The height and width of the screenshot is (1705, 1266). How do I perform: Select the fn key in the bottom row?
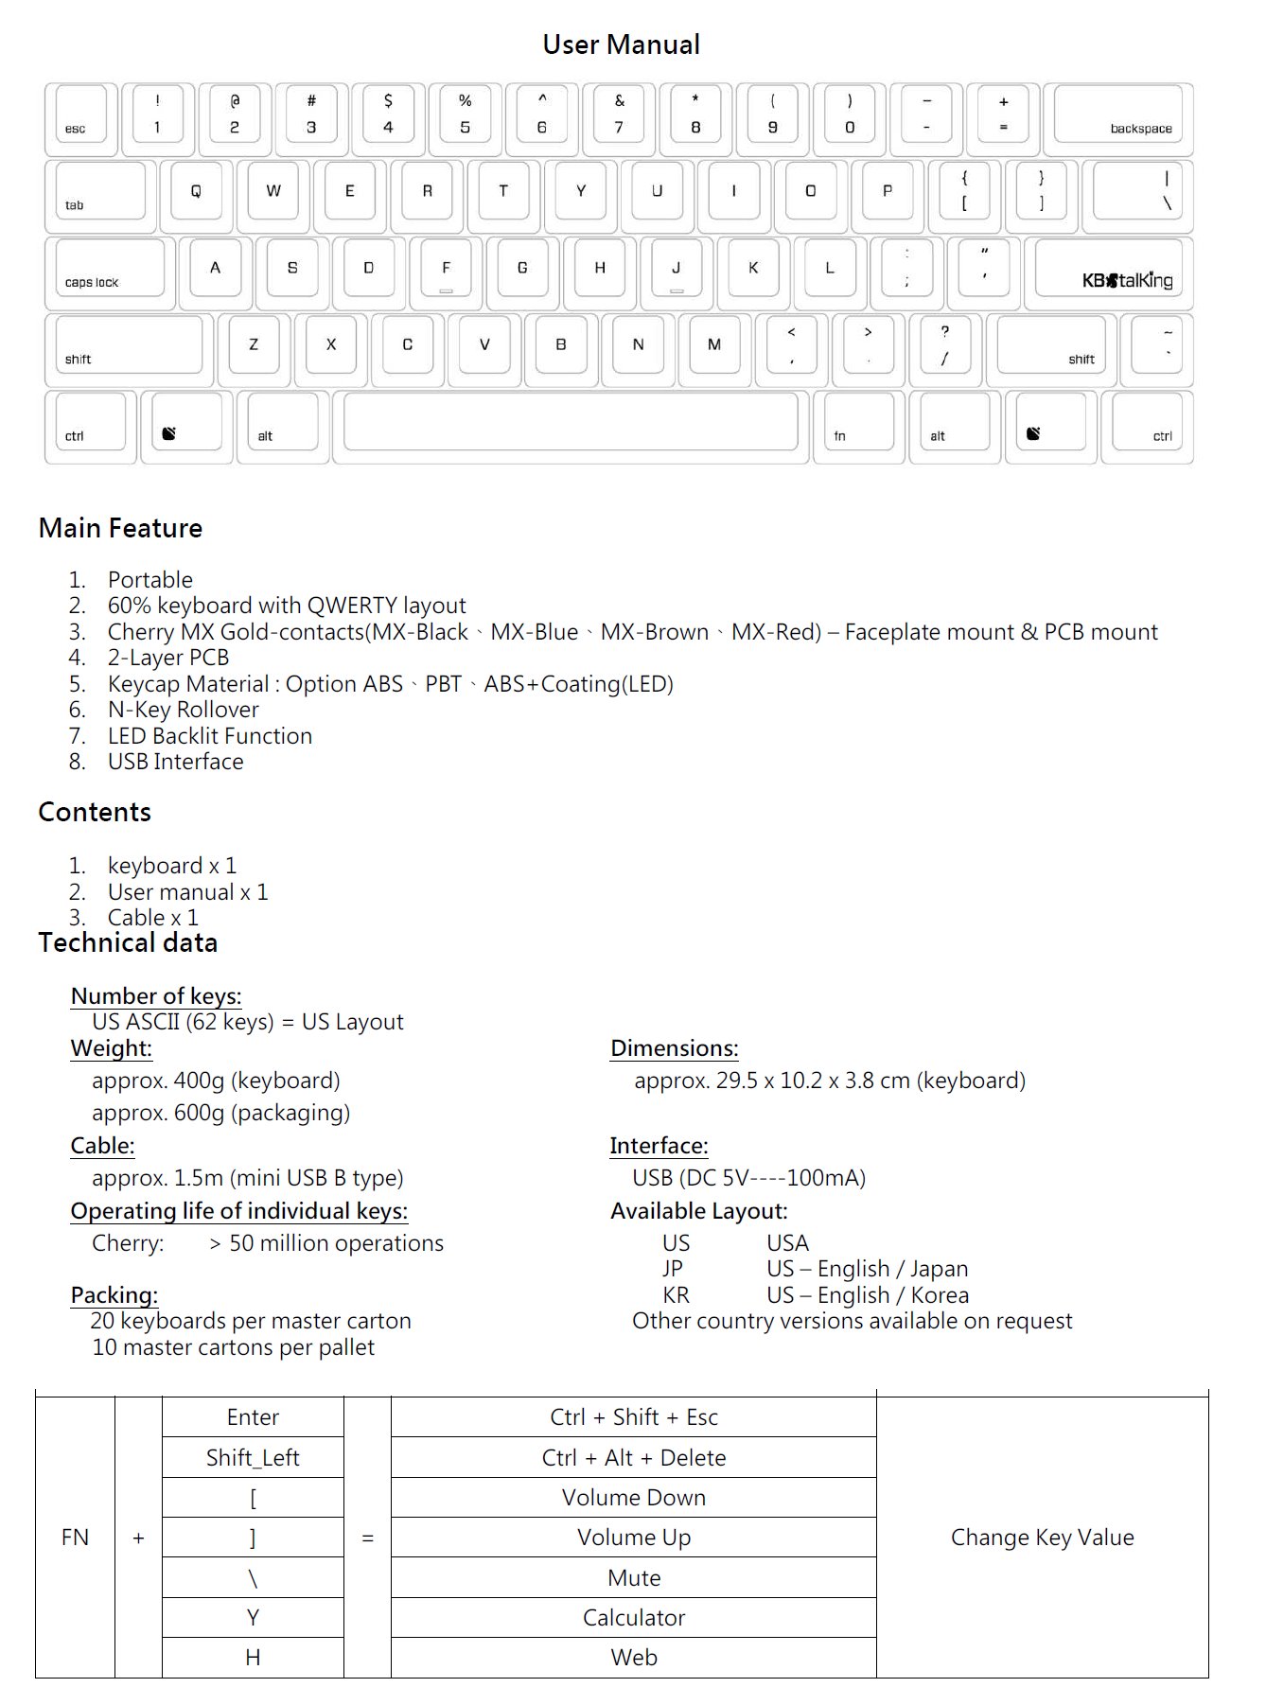tap(859, 425)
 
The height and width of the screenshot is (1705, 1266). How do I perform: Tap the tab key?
tap(100, 195)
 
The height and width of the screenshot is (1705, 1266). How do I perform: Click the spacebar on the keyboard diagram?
tap(571, 425)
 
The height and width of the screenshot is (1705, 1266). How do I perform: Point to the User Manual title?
tap(621, 44)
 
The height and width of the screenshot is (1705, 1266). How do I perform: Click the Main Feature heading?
tap(120, 528)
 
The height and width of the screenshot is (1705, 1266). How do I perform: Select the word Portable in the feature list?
tap(149, 580)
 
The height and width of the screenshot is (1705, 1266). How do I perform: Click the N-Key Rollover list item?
tap(183, 710)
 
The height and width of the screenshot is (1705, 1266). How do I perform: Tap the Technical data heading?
tap(128, 942)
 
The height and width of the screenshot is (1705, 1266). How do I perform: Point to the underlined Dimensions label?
tap(674, 1048)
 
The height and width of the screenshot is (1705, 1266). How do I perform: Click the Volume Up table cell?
tap(633, 1538)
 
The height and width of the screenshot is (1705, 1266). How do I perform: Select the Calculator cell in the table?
tap(633, 1618)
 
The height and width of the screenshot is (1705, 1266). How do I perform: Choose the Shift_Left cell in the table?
tap(253, 1458)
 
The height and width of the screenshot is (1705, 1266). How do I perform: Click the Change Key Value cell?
tap(1042, 1538)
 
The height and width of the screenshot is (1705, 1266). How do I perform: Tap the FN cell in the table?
tap(75, 1538)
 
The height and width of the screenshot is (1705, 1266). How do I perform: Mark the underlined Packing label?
tap(114, 1295)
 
